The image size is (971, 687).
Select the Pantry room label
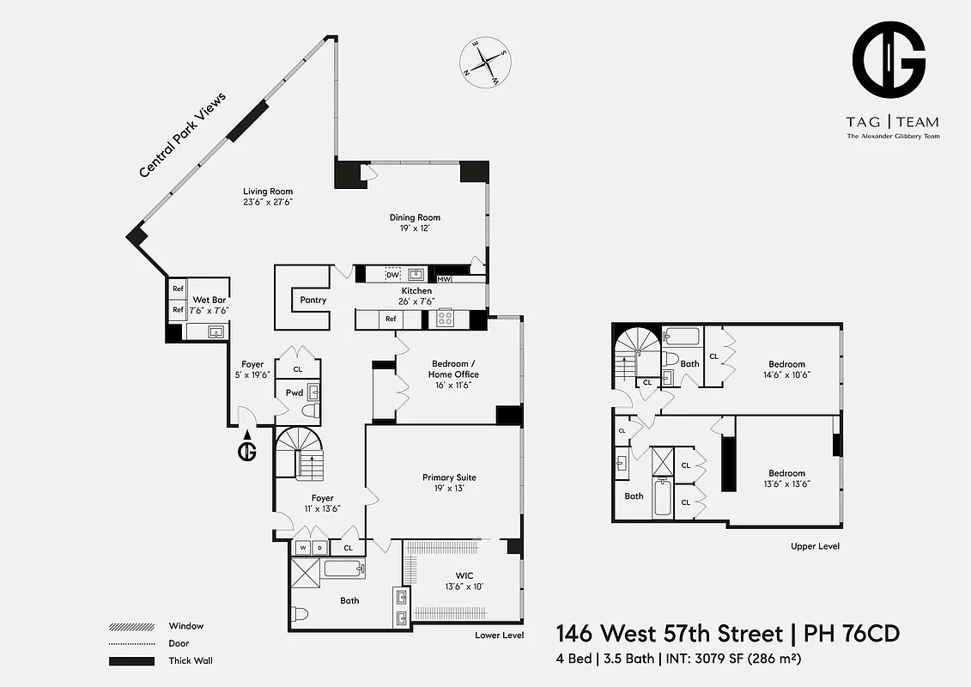point(313,300)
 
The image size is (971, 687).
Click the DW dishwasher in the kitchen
point(392,275)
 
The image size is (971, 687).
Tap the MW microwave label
point(444,279)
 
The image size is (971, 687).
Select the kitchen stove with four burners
point(446,319)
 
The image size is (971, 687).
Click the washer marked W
point(302,547)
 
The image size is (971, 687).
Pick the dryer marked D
point(319,547)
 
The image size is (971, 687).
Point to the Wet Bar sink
point(215,331)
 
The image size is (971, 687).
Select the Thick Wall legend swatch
point(131,660)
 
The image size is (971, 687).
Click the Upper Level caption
point(815,546)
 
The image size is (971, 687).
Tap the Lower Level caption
point(499,635)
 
